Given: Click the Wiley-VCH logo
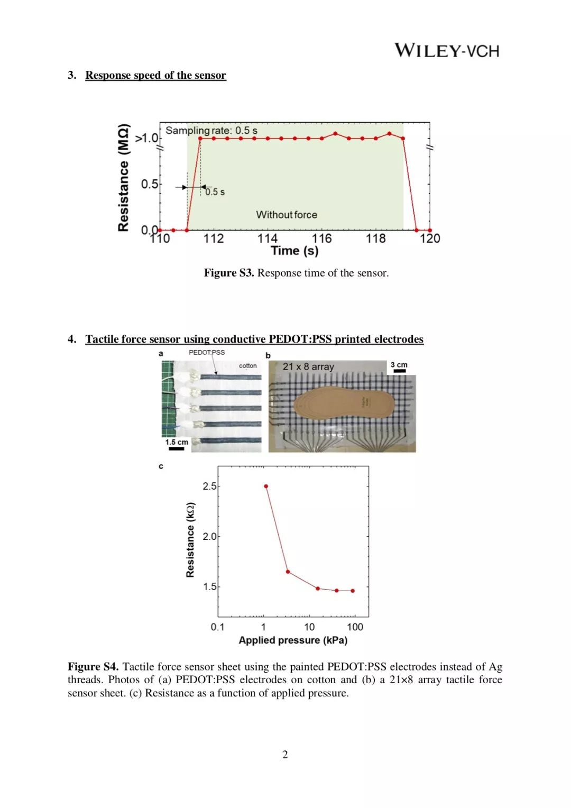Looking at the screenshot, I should (x=447, y=51).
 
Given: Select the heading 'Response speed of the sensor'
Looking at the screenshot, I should (x=155, y=75).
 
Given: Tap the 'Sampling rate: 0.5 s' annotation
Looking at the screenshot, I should (x=211, y=130).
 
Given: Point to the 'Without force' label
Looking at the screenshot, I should (x=287, y=215).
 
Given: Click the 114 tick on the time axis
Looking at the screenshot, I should (x=268, y=238).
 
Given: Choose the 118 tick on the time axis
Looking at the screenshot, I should (x=376, y=238).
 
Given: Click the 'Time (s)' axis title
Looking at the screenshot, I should (x=294, y=251).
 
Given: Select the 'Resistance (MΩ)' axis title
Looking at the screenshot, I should (x=123, y=178).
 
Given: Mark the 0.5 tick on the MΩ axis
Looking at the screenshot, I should (x=150, y=184).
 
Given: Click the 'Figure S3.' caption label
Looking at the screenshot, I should (x=229, y=273).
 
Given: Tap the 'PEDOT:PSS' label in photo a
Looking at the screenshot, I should (x=207, y=352).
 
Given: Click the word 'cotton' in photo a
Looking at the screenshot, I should (x=247, y=365).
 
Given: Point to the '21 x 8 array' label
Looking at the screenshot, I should (x=308, y=366).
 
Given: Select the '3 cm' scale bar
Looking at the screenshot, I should (x=399, y=368).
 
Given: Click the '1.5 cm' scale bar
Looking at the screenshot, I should (x=177, y=445).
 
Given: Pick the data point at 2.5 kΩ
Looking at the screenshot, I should (x=266, y=486).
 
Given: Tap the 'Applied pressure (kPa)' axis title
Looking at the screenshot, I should (x=293, y=640).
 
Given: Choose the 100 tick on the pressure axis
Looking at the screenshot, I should (x=355, y=627).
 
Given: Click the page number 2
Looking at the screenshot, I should (x=285, y=755).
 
